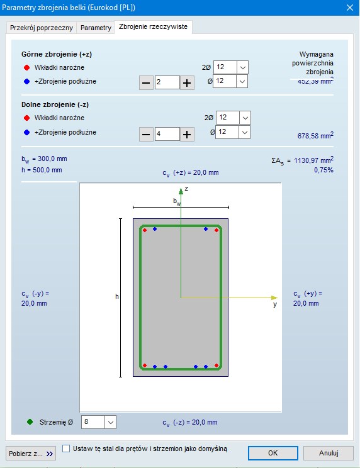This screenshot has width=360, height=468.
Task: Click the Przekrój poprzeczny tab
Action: (x=41, y=28)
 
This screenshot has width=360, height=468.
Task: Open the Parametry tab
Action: (x=96, y=28)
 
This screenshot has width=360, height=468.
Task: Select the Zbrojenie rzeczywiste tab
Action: (x=153, y=26)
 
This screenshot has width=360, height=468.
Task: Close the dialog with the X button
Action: (x=350, y=8)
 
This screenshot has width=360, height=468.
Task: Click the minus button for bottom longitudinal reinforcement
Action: (x=146, y=135)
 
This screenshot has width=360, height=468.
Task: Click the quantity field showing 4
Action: (x=167, y=134)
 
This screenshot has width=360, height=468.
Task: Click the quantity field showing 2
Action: (x=167, y=82)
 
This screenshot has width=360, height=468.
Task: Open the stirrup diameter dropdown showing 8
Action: (x=99, y=422)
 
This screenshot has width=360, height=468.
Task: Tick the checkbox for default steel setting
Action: (x=66, y=448)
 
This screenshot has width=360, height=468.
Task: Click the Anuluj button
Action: (x=329, y=453)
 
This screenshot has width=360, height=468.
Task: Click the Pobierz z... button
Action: (x=31, y=454)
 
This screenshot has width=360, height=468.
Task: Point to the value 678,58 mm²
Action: (x=315, y=136)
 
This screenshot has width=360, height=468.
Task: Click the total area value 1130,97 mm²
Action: (x=313, y=160)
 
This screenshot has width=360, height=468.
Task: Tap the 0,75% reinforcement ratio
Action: (x=323, y=170)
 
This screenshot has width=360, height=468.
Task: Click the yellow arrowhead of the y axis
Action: (x=274, y=298)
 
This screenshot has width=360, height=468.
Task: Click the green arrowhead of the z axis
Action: (x=181, y=191)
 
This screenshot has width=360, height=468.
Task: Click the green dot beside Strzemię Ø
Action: (x=30, y=422)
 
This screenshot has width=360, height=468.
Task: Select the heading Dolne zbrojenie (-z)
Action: (x=55, y=105)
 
